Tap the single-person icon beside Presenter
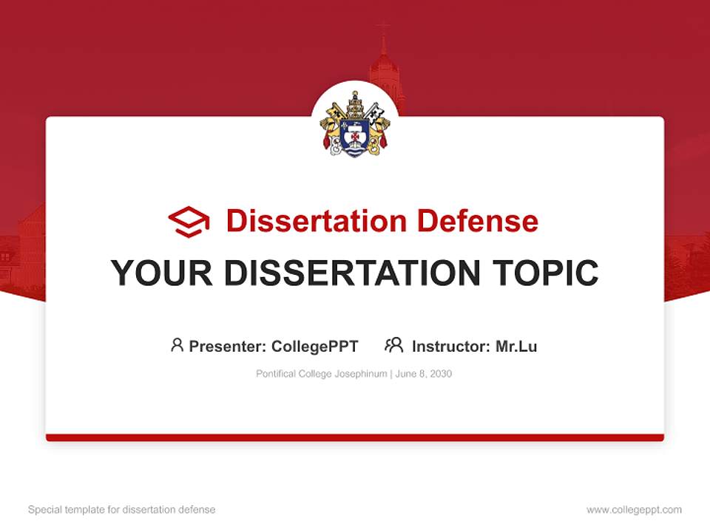(x=177, y=345)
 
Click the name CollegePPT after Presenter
(x=315, y=346)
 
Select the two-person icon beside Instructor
(x=393, y=345)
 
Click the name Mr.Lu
(x=516, y=346)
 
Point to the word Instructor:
(x=451, y=346)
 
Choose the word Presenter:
(x=228, y=346)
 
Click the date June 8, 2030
(x=424, y=374)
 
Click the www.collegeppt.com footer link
(x=634, y=510)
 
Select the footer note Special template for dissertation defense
(x=121, y=510)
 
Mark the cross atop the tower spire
(x=383, y=29)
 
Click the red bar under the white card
(x=355, y=437)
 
